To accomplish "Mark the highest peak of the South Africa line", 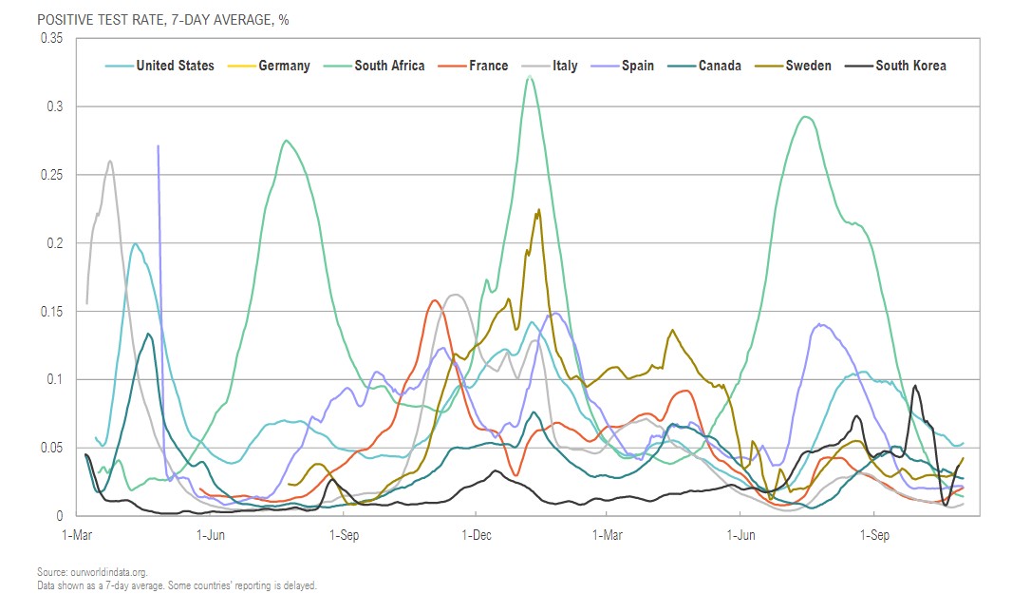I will tap(530, 75).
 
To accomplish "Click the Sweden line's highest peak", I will tap(539, 210).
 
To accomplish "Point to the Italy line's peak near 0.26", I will tap(110, 161).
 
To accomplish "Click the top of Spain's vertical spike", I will tap(158, 145).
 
